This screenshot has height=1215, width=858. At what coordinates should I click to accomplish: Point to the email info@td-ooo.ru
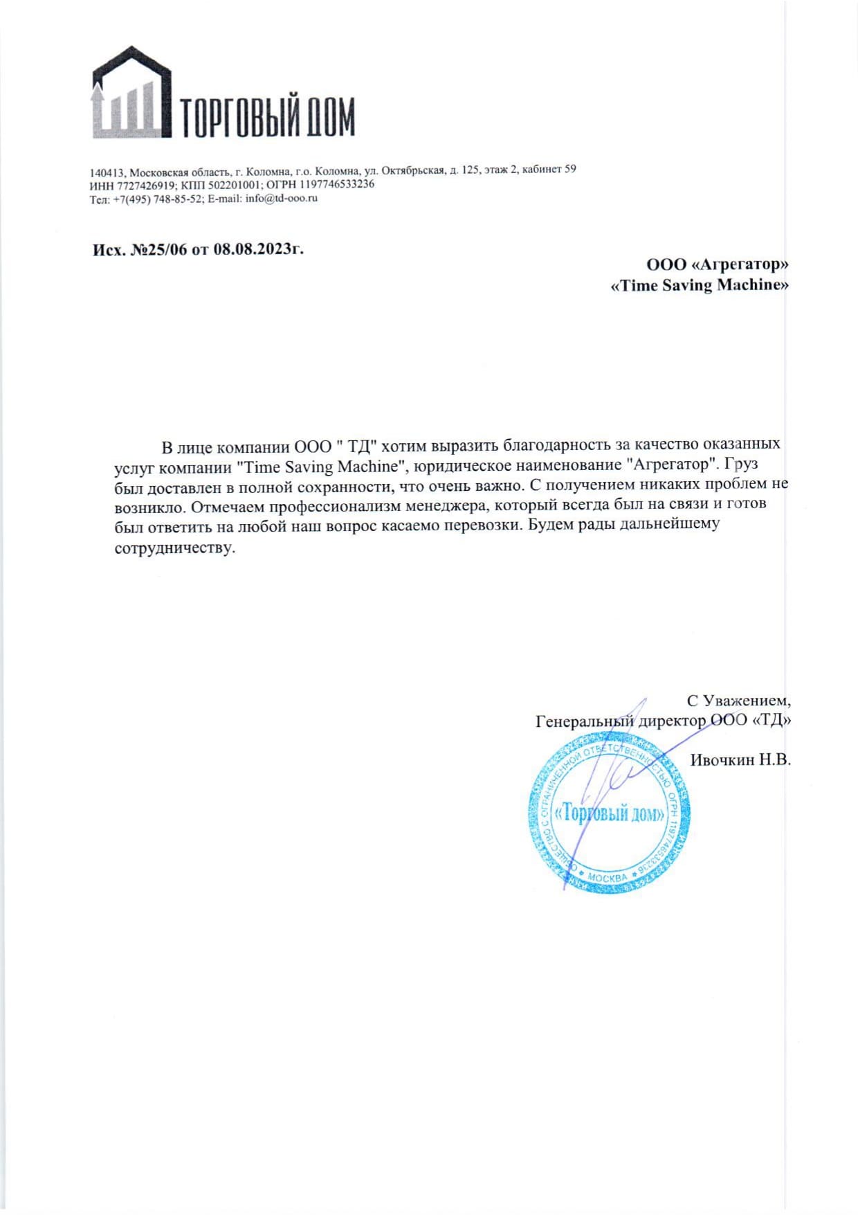coord(282,199)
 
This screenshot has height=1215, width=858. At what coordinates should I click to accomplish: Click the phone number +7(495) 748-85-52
coord(158,199)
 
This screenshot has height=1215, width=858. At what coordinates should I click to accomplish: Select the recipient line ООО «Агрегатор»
coord(717,264)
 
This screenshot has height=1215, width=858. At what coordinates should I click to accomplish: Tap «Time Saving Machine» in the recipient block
coord(699,285)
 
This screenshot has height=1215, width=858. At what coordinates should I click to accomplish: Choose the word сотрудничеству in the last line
coord(175,548)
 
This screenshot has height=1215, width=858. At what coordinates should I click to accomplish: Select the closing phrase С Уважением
coord(738,700)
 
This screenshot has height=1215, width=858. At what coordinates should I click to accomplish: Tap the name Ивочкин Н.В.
coord(740,759)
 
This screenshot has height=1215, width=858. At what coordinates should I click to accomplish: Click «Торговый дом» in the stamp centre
coord(610,813)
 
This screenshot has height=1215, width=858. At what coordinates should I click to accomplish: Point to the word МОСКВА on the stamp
coord(608,877)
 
